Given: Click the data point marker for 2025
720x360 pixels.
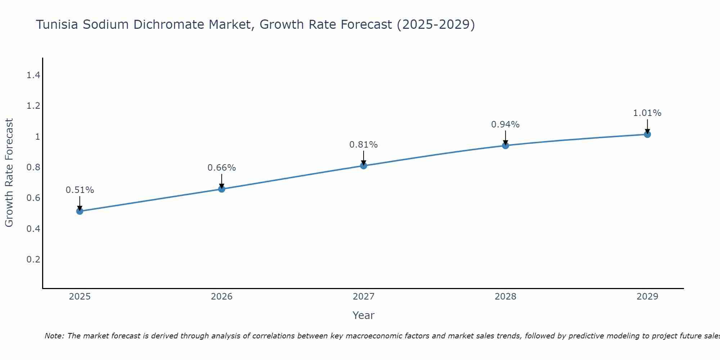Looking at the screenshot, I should click(x=80, y=211).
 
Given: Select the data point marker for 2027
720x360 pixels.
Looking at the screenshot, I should click(x=364, y=166).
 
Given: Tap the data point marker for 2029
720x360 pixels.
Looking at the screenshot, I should click(x=647, y=135).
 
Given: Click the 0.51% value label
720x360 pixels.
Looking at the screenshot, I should click(x=80, y=190).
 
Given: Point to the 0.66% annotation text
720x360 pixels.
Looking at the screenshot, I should click(x=222, y=168).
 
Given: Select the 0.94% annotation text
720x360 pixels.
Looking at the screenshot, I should click(x=505, y=125).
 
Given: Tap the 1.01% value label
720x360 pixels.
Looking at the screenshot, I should click(x=647, y=113).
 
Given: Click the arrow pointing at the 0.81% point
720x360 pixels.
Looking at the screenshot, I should click(x=364, y=157).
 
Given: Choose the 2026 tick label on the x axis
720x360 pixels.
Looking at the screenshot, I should click(x=222, y=297).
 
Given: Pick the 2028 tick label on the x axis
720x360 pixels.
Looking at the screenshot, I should click(x=505, y=297).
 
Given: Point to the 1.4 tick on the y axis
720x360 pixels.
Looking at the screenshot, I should click(x=33, y=75).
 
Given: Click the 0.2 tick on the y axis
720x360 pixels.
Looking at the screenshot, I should click(x=33, y=260).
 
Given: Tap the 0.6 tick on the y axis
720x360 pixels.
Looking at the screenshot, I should click(x=33, y=198).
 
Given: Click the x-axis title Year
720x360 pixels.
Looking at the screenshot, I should click(x=364, y=315).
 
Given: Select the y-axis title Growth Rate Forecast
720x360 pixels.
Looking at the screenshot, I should click(x=9, y=173).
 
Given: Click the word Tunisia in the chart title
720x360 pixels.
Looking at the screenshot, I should click(x=57, y=24).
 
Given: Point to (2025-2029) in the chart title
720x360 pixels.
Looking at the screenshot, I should click(x=436, y=24).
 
